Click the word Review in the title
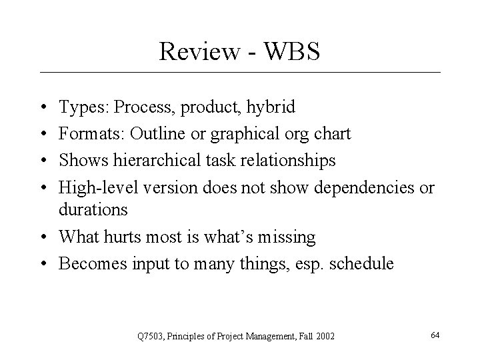click(195, 51)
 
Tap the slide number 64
click(435, 334)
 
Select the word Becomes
click(89, 263)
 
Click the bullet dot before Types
click(42, 107)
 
